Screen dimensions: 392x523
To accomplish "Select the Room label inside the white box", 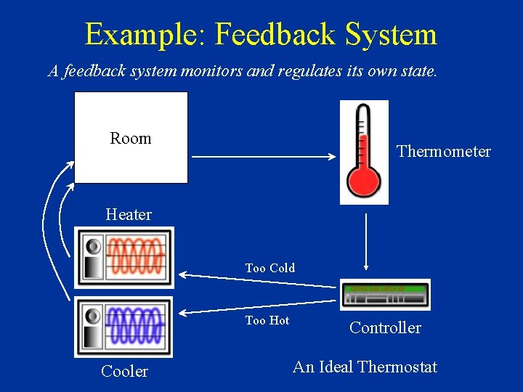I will coord(131,138).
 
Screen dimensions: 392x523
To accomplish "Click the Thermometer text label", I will coord(444,151).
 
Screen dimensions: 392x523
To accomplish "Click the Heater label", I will coord(129,214).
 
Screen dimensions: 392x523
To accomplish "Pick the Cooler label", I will coord(124,371).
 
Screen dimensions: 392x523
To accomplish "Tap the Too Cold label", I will coord(270,268).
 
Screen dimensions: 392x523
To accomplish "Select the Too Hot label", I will coord(267,320).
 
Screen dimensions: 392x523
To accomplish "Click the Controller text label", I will coord(385,327).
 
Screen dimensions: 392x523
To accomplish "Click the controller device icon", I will coord(385,295).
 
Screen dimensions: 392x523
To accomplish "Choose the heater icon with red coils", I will coord(124,257).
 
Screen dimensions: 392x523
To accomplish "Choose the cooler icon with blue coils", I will coord(124,327).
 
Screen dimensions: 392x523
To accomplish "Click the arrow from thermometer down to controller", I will coord(365,240).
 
